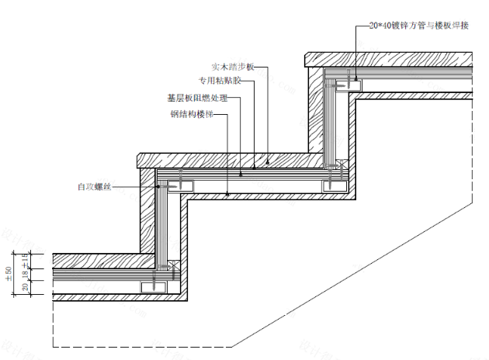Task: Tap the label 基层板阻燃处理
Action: (197, 99)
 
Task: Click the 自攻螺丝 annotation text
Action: (94, 186)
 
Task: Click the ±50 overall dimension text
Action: (9, 274)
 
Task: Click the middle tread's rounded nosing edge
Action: (140, 160)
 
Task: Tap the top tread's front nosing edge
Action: (308, 58)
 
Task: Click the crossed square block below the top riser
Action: (338, 166)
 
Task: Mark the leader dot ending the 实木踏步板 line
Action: (266, 162)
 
